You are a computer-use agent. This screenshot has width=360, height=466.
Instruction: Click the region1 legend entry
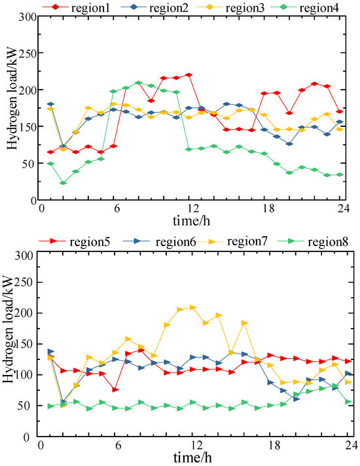[x=77, y=7]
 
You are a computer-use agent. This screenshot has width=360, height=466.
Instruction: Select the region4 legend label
[x=319, y=8]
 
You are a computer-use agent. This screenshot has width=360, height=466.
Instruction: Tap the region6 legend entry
[x=159, y=242]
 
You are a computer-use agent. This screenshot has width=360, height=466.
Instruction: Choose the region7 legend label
[x=247, y=241]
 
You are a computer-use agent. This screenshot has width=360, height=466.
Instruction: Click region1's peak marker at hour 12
[x=189, y=75]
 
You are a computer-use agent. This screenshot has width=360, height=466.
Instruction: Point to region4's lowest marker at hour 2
[x=63, y=183]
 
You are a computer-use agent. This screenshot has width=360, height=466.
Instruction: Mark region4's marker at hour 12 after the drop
[x=189, y=149]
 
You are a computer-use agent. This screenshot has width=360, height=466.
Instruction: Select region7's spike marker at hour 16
[x=245, y=323]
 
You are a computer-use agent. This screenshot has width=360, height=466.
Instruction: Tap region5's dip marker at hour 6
[x=115, y=389]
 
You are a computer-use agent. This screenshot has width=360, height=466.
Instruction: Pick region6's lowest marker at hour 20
[x=297, y=399]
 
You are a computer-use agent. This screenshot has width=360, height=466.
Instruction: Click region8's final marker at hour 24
[x=348, y=402]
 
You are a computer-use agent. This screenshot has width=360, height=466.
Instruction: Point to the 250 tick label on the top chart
[x=28, y=54]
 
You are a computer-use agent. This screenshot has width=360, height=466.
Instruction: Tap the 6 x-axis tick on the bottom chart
[x=118, y=446]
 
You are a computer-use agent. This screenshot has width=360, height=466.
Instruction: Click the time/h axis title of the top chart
[x=191, y=221]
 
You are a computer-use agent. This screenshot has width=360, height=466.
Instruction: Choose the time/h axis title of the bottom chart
[x=192, y=458]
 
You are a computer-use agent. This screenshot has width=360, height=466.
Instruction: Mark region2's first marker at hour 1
[x=50, y=104]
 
